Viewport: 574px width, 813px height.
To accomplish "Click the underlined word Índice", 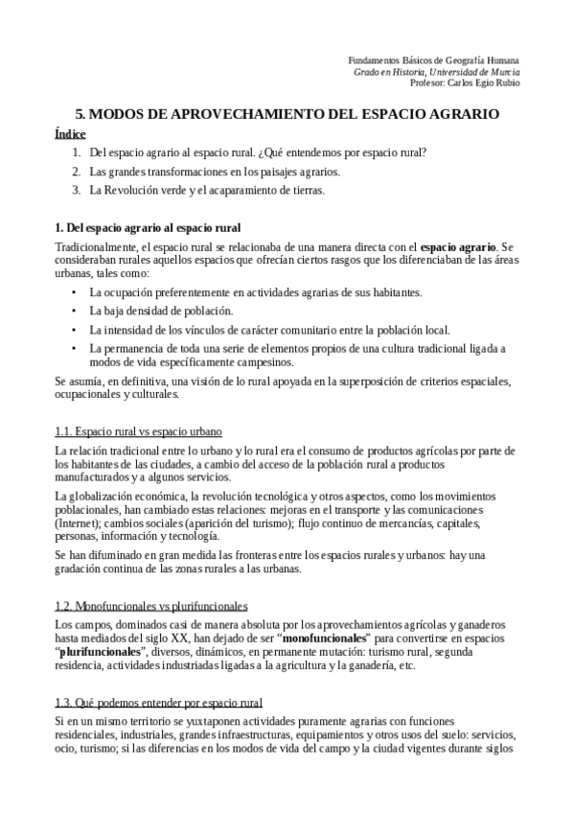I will click(x=71, y=134).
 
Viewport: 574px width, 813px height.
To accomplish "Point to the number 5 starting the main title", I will click(x=80, y=113).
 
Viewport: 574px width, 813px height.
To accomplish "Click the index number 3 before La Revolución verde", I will click(x=76, y=190).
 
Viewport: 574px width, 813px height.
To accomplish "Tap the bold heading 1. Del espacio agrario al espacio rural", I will click(x=148, y=228).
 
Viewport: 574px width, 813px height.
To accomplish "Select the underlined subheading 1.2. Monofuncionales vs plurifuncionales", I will click(x=151, y=606).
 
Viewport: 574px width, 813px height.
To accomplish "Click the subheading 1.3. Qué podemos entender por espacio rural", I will click(x=159, y=702).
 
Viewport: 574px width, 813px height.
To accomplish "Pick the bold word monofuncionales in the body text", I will click(x=328, y=638).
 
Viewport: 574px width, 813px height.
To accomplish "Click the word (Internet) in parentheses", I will click(x=79, y=523).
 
